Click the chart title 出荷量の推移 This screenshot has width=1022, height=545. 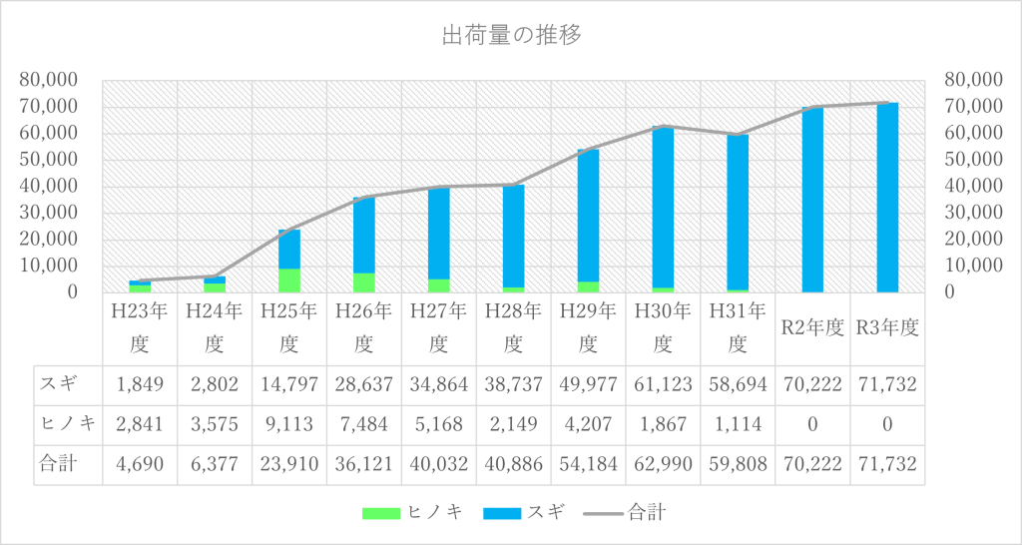coord(511,36)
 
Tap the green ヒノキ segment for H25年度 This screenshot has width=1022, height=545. coord(289,280)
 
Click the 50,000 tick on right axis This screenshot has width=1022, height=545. coord(972,160)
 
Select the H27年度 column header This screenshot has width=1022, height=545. coord(438,327)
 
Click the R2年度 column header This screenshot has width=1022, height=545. coord(812,327)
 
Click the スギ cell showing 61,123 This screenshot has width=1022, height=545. coord(663,383)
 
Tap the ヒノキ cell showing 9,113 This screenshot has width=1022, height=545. coord(289,424)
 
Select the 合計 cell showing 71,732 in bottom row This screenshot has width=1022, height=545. coord(887,464)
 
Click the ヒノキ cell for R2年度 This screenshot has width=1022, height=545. coord(812,424)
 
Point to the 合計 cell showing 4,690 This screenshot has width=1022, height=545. coord(140,464)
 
